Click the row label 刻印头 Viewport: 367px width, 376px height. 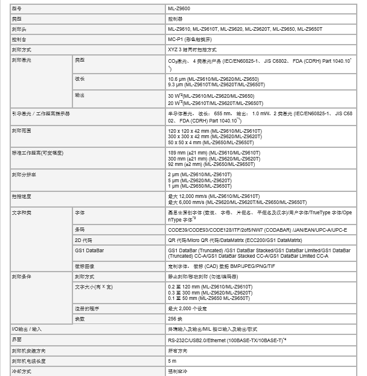point(19,29)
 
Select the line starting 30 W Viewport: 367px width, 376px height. point(211,96)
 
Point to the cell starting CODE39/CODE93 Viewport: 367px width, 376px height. point(257,230)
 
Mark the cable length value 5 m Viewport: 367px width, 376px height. point(173,361)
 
